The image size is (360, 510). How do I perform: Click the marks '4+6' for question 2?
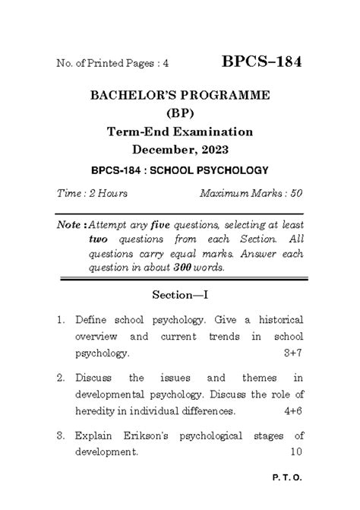(292, 411)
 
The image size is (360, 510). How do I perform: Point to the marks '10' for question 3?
(296, 451)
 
